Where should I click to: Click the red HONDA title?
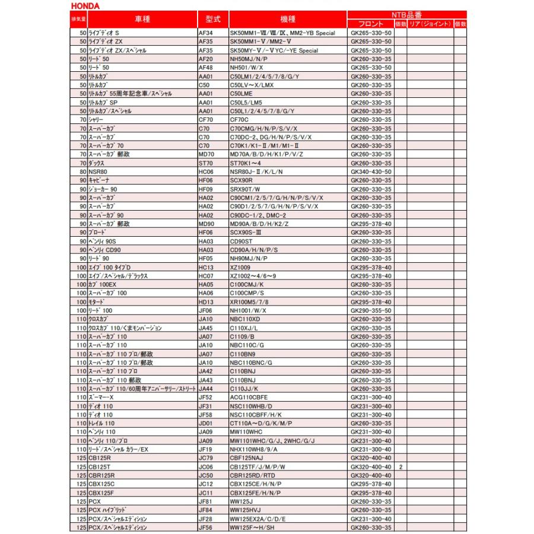[x=85, y=6]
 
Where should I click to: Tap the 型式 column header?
[x=212, y=19]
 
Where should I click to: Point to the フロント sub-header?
[x=371, y=24]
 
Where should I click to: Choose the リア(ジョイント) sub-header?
[x=430, y=24]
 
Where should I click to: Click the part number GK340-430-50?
[x=371, y=171]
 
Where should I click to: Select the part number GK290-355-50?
[x=371, y=310]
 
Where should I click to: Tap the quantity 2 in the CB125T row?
[x=401, y=467]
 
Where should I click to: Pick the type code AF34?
[x=205, y=33]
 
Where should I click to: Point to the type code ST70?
[x=205, y=163]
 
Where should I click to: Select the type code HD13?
[x=205, y=302]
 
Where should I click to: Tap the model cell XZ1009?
[x=241, y=267]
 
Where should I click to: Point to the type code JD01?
[x=205, y=423]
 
